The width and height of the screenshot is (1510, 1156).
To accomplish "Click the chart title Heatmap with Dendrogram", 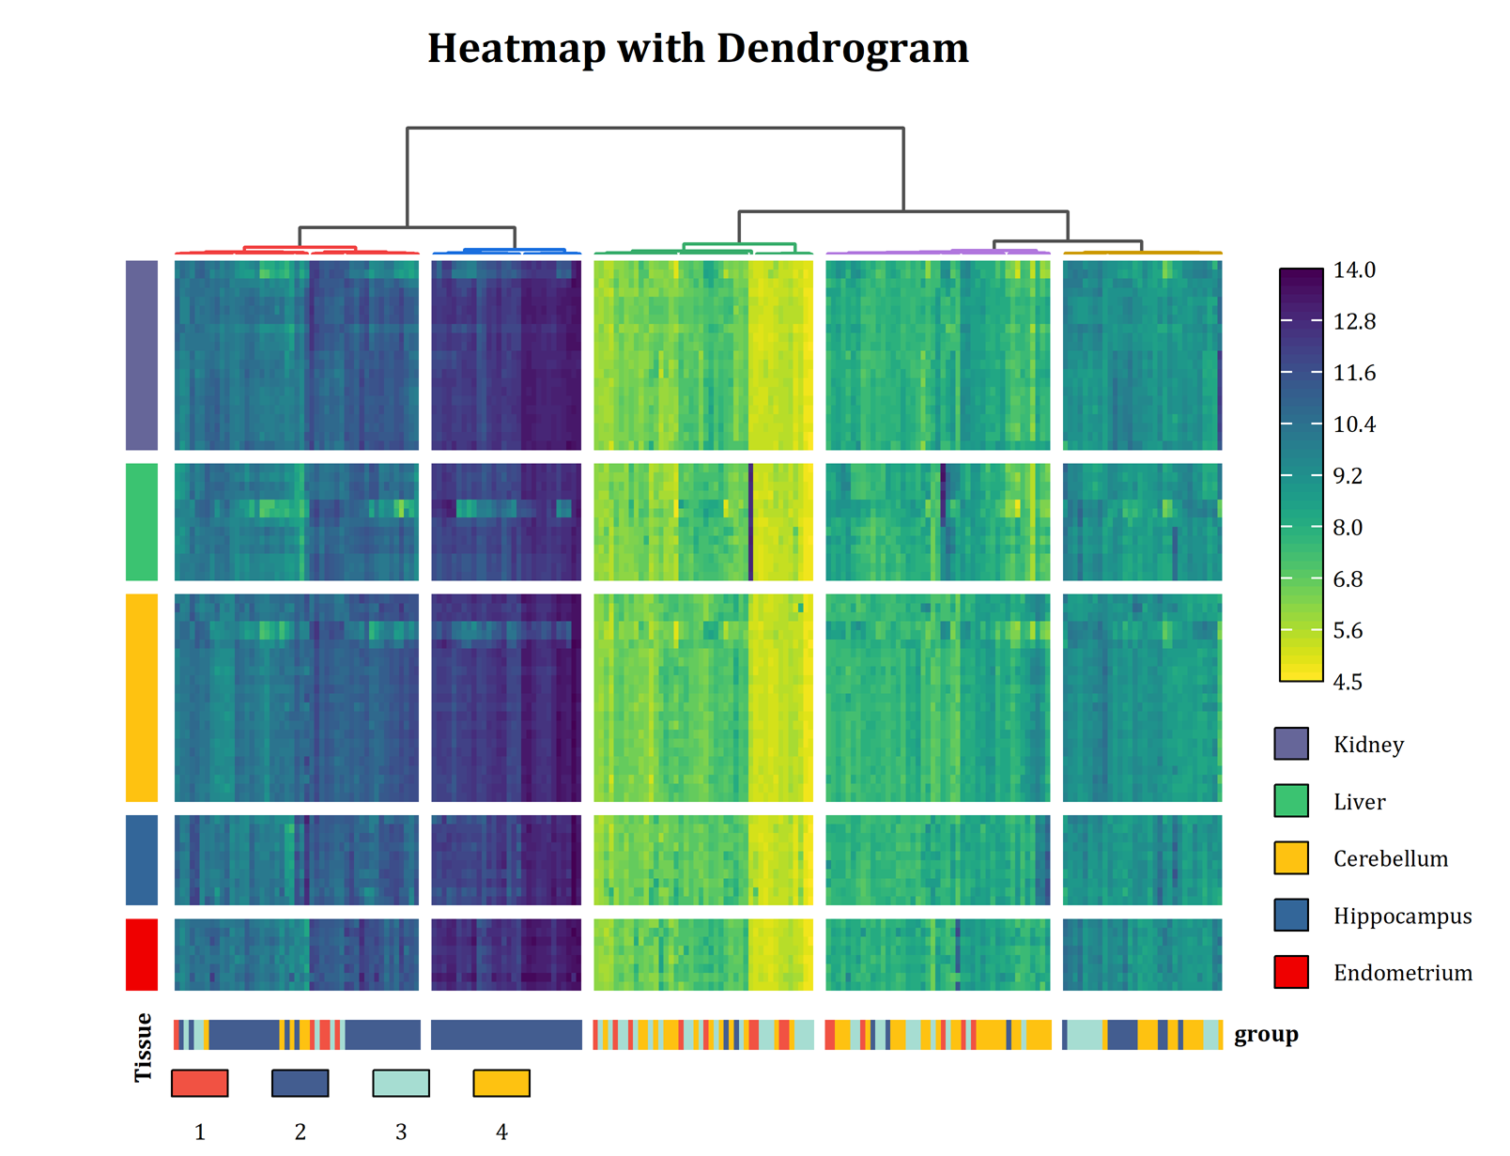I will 698,49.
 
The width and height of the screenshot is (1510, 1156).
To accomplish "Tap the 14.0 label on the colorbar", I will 1353,270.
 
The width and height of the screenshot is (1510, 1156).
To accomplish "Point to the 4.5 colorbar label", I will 1348,683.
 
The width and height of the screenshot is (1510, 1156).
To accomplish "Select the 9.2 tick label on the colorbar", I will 1348,476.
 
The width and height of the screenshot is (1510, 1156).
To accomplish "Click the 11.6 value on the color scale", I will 1353,374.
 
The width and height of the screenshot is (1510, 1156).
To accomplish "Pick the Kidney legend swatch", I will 1290,744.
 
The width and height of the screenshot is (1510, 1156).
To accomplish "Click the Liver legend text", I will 1359,802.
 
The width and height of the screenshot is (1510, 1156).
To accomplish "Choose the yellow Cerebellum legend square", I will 1290,858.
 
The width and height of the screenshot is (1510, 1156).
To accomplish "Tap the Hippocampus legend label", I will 1402,917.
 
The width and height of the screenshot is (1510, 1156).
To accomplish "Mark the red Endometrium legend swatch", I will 1290,972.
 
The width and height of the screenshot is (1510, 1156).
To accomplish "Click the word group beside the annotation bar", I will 1265,1035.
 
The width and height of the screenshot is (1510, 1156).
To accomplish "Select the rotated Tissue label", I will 143,1048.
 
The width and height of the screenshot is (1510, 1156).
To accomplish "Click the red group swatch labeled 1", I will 199,1083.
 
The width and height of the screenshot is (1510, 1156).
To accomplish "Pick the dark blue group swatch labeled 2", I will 300,1083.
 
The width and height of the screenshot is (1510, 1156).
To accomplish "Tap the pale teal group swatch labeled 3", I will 400,1083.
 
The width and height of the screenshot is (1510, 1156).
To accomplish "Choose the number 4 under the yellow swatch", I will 501,1133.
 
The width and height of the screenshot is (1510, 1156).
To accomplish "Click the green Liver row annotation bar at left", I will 142,522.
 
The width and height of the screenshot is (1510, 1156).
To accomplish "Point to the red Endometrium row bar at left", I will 142,954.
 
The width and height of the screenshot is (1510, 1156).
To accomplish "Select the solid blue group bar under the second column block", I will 506,1035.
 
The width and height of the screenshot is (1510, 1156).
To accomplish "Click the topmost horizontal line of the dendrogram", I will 655,128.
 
